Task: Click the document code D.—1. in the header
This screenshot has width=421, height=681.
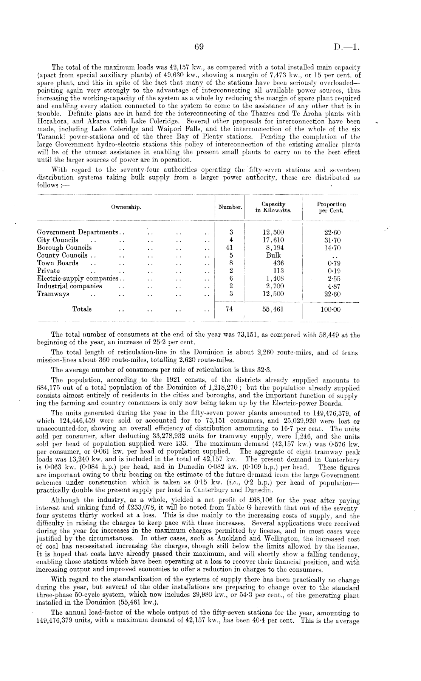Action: [x=347, y=48]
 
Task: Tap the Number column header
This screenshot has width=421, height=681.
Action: [x=229, y=207]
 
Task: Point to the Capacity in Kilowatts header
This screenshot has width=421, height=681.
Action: [x=273, y=207]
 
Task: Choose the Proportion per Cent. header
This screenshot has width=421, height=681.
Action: [x=331, y=207]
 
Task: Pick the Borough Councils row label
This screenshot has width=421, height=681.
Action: [x=64, y=248]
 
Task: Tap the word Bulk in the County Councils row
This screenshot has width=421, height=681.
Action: [x=273, y=255]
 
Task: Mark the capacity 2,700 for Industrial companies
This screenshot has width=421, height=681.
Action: [x=273, y=286]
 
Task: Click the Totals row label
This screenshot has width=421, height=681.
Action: [x=82, y=309]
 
